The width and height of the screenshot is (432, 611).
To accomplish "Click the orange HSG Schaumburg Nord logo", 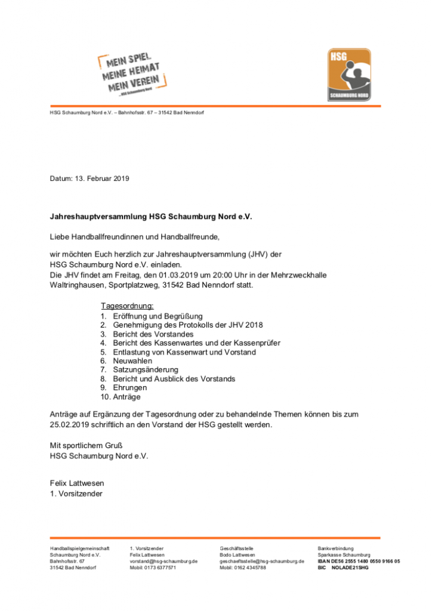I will [349, 75].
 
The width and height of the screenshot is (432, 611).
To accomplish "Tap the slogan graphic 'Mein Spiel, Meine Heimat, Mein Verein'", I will [132, 73].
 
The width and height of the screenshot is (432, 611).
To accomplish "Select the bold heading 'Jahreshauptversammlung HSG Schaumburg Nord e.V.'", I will [151, 217].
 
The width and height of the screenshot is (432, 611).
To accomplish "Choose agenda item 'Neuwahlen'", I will [132, 360].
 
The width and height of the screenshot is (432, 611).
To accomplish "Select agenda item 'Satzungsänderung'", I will [146, 369].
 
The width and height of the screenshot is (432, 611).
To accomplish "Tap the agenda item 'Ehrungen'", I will [129, 387].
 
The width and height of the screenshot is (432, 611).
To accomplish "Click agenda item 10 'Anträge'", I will [126, 396].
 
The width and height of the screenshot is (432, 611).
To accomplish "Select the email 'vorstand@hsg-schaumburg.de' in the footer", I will [163, 561].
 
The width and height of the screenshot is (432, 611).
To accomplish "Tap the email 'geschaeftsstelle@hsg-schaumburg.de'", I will [262, 561].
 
